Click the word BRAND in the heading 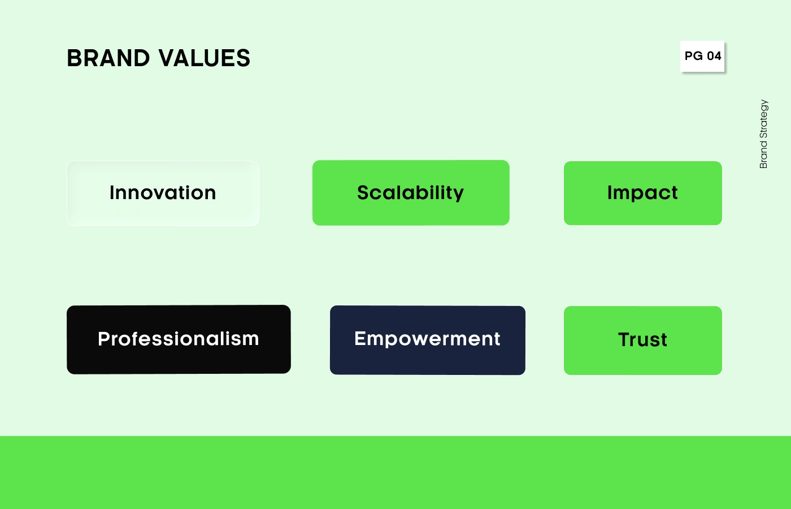click(x=108, y=58)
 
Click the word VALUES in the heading click(x=205, y=58)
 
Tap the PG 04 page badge click(x=702, y=56)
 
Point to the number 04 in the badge click(x=714, y=56)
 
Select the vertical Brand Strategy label click(x=763, y=134)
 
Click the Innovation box click(x=163, y=193)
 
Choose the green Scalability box click(x=411, y=193)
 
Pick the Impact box click(x=643, y=193)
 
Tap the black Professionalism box click(x=179, y=339)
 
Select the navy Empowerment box click(x=428, y=340)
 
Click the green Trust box click(x=643, y=340)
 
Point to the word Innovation click(x=163, y=193)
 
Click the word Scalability click(x=410, y=193)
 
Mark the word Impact click(x=642, y=193)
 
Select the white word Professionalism click(x=179, y=339)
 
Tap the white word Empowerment click(x=427, y=339)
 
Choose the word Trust click(x=643, y=340)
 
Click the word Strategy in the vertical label click(x=763, y=119)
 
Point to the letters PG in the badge click(x=694, y=56)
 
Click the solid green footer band click(x=395, y=473)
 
